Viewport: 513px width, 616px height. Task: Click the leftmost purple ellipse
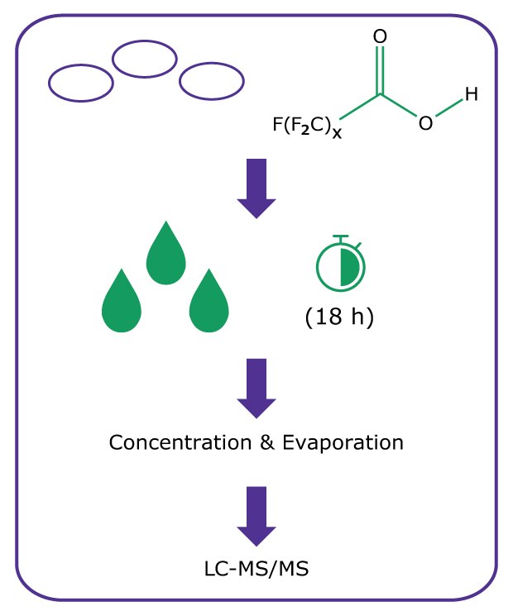tap(80, 83)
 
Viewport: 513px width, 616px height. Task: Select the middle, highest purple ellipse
tap(145, 59)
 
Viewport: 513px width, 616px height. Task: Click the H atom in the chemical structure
tap(471, 95)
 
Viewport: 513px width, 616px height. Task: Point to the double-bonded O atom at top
tap(381, 37)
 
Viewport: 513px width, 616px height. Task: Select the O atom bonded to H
tap(425, 124)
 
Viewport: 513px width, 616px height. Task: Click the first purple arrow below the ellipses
tap(257, 188)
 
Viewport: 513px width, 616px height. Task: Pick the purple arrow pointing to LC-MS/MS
tap(257, 515)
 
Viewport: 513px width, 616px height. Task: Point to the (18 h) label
tap(339, 316)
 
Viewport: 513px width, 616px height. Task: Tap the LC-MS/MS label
tap(256, 570)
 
